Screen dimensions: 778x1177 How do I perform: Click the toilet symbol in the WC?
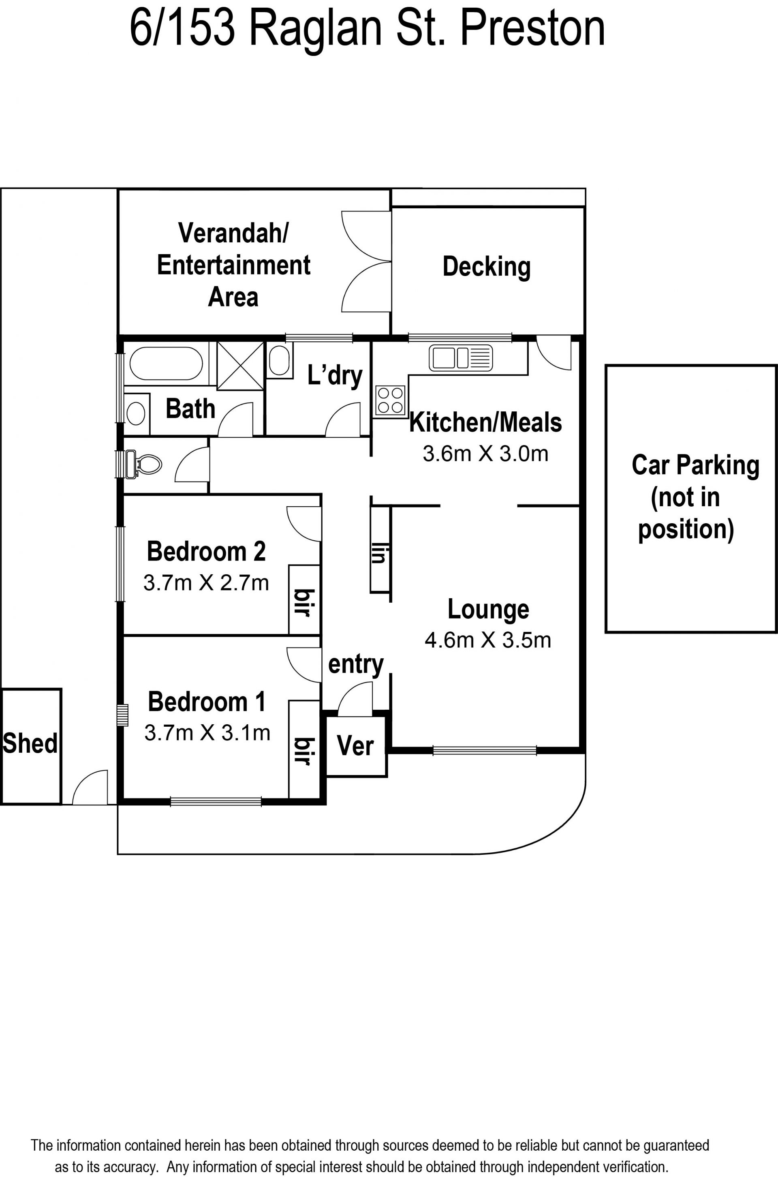pos(144,464)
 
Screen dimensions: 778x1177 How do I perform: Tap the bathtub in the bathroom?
pos(166,364)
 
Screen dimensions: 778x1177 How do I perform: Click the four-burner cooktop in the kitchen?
pos(390,400)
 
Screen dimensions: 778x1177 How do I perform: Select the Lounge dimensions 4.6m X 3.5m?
pos(488,640)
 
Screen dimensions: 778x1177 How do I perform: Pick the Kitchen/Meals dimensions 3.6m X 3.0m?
pos(485,454)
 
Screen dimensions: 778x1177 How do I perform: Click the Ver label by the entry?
pos(355,746)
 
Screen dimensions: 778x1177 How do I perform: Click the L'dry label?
pos(335,376)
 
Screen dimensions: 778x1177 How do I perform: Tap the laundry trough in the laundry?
pos(279,360)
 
